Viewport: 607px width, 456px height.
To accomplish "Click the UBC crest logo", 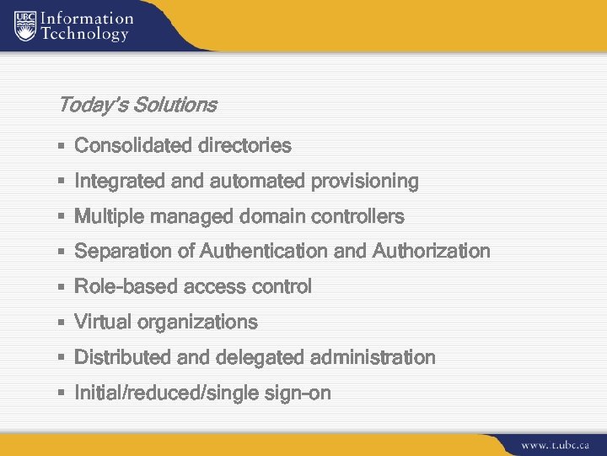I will click(27, 26).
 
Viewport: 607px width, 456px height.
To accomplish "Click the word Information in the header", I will click(87, 18).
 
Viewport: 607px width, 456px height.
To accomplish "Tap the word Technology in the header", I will click(84, 35).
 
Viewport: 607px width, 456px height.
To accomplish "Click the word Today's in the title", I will click(88, 106).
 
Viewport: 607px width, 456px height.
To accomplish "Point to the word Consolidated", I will click(133, 146).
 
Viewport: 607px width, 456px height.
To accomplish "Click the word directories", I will click(244, 146).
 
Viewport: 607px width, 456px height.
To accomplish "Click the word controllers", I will click(358, 217).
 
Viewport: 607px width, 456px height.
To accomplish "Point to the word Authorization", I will click(431, 252).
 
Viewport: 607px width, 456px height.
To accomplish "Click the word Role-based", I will click(121, 287).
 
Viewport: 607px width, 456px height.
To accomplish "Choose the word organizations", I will click(197, 323).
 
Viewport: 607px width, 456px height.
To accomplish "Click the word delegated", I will click(261, 358).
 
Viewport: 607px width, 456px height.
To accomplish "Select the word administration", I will click(373, 358).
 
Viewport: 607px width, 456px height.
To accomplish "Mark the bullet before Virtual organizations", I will click(62, 323).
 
